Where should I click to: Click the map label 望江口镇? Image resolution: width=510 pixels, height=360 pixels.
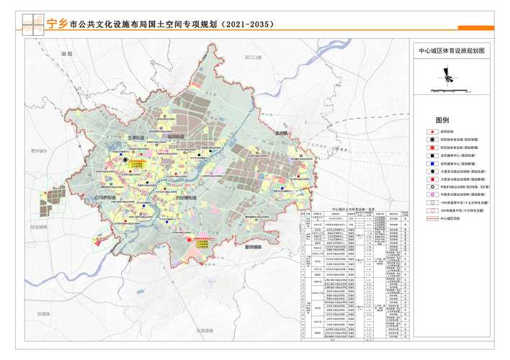[253, 57]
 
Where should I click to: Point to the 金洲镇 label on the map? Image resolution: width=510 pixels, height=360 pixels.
[282, 133]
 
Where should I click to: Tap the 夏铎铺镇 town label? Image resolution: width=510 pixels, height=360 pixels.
[273, 248]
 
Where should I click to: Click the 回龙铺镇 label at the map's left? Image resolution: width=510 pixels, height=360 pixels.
[39, 227]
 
